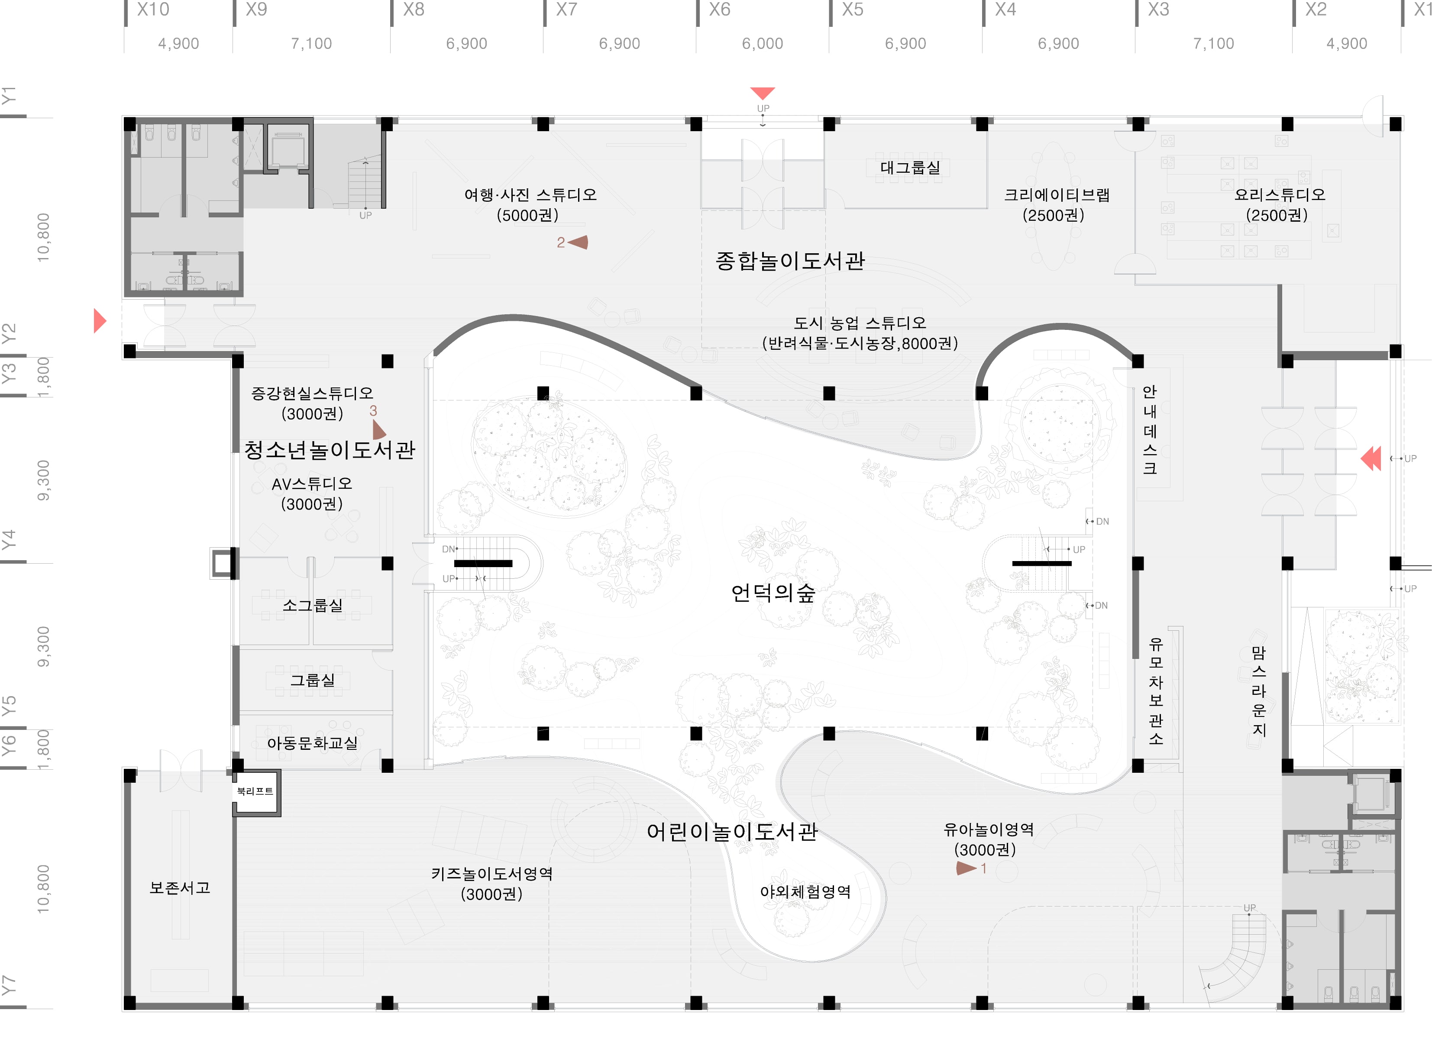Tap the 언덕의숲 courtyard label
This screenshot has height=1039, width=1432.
click(x=773, y=593)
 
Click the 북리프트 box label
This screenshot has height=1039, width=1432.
click(x=255, y=791)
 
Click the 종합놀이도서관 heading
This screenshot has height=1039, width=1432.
click(x=790, y=261)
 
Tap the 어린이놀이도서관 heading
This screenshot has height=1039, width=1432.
click(x=732, y=831)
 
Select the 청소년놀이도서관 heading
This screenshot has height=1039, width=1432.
click(x=330, y=449)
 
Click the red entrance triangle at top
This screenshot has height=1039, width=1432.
click(x=763, y=93)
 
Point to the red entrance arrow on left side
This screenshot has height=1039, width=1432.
click(x=99, y=321)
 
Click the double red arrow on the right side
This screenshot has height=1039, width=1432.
click(x=1371, y=458)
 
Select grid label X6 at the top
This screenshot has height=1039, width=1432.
click(x=719, y=10)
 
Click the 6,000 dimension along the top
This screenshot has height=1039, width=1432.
click(x=762, y=44)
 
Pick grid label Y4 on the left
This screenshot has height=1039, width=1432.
click(x=8, y=540)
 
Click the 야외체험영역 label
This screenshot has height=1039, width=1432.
click(x=805, y=891)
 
